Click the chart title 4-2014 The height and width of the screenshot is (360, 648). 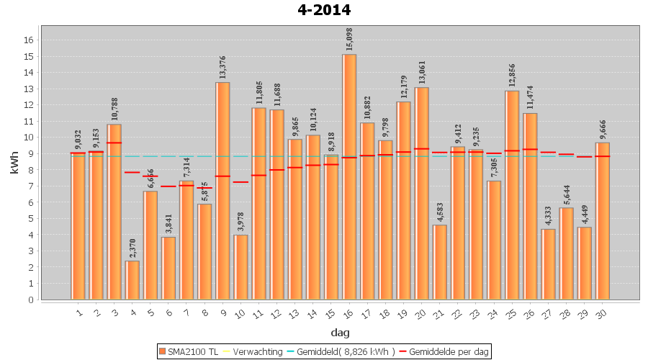323,10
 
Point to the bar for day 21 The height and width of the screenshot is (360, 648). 440,262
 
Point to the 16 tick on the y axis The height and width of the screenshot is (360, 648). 29,40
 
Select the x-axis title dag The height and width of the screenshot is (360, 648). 340,332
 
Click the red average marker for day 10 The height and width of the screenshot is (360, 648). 240,182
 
